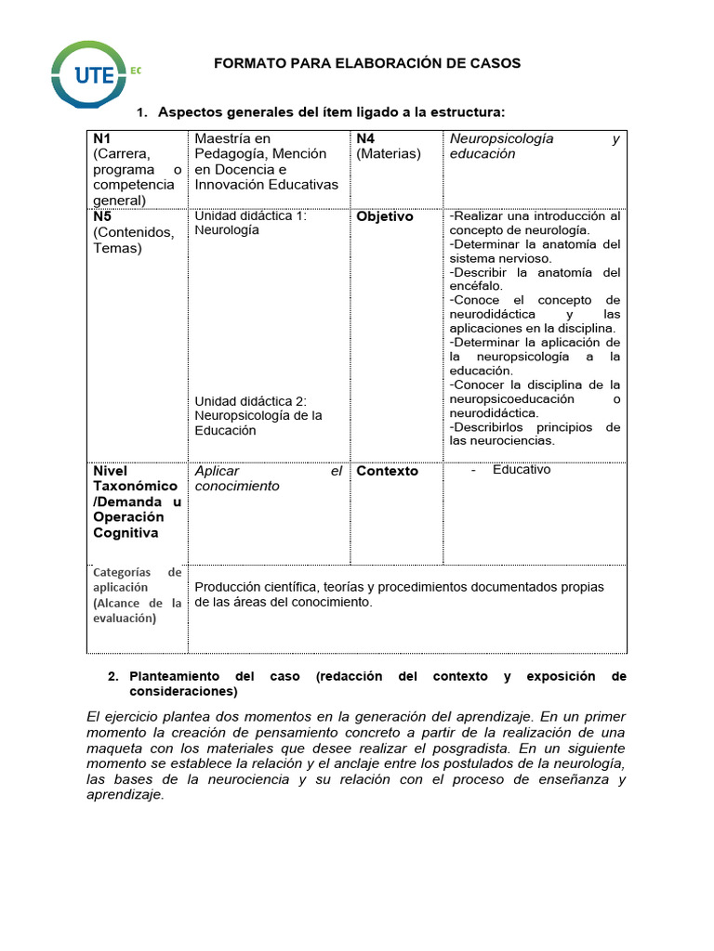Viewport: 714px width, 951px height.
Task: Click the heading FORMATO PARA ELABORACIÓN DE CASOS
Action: coord(367,63)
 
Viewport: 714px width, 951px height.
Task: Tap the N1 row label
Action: coord(102,138)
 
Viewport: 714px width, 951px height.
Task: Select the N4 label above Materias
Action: coord(365,138)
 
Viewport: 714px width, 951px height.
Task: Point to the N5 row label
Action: coord(102,216)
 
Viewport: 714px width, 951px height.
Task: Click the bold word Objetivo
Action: coord(385,216)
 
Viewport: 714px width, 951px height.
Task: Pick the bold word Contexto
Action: coord(387,471)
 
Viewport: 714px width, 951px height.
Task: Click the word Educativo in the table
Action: coord(522,469)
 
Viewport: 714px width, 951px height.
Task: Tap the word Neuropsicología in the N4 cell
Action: coord(501,138)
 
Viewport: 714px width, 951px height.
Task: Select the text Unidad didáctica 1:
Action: coord(250,216)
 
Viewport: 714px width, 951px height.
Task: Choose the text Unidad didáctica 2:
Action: coord(250,401)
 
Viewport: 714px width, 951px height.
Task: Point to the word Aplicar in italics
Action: coord(217,471)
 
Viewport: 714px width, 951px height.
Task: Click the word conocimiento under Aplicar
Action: coord(236,486)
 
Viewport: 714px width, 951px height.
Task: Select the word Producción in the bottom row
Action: coord(226,587)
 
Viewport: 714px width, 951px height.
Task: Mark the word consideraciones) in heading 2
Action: coord(183,692)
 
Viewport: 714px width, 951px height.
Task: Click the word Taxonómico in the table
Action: coord(135,486)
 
